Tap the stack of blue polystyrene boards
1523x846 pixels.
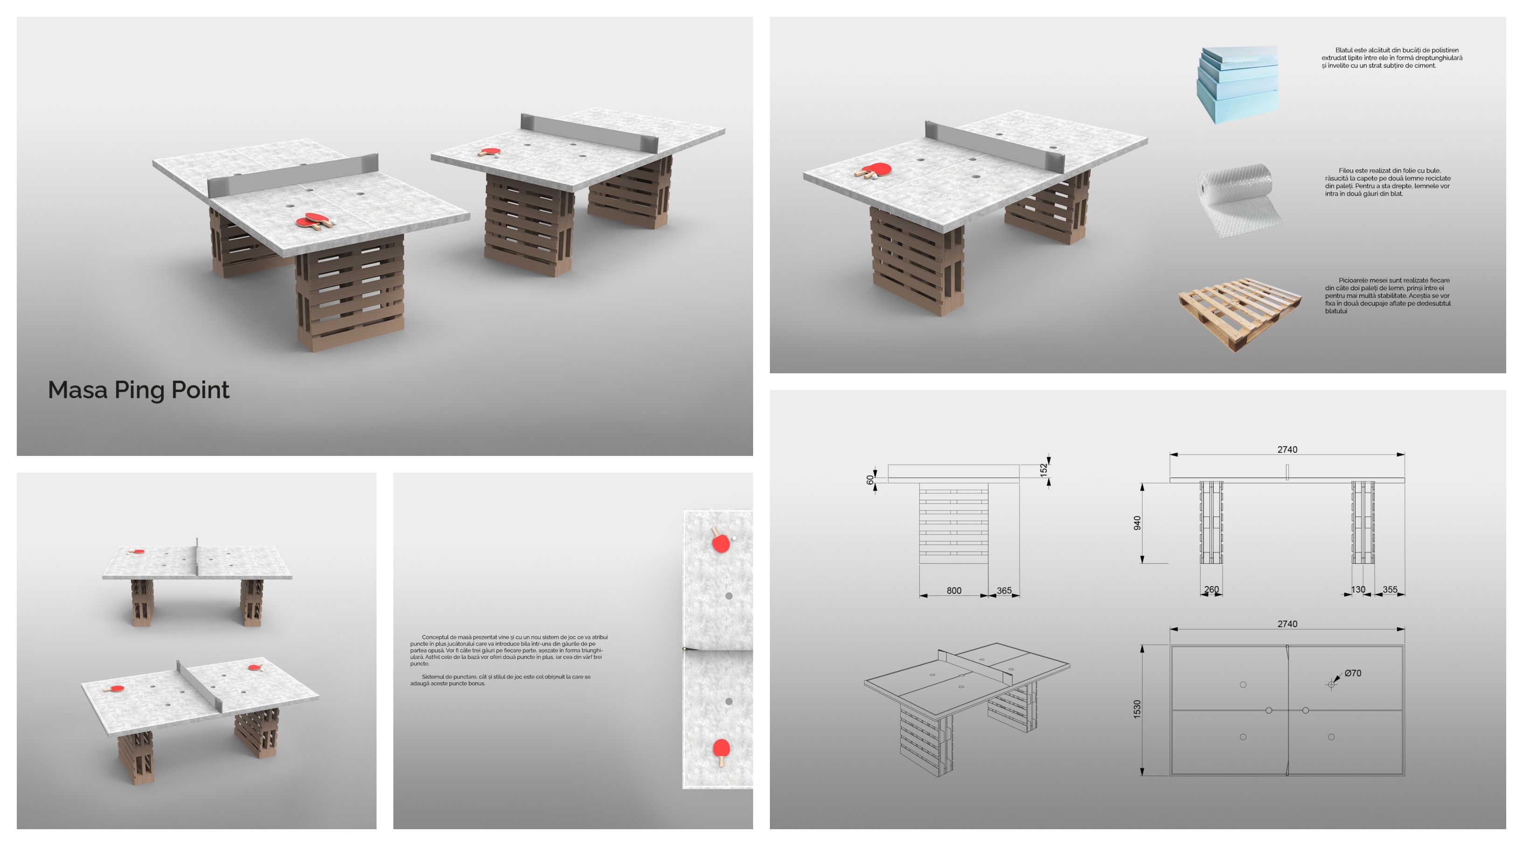pyautogui.click(x=1237, y=84)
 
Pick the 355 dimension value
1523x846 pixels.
pyautogui.click(x=1390, y=589)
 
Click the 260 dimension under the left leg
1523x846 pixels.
pyautogui.click(x=1211, y=589)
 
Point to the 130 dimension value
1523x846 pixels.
pyautogui.click(x=1358, y=589)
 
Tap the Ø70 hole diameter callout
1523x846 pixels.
pyautogui.click(x=1353, y=673)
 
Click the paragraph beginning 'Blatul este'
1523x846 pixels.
pyautogui.click(x=1392, y=58)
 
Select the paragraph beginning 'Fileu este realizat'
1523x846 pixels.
pyautogui.click(x=1388, y=182)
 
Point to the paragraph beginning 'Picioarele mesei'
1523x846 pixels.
pyautogui.click(x=1388, y=295)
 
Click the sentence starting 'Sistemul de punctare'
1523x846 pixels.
pyautogui.click(x=500, y=680)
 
